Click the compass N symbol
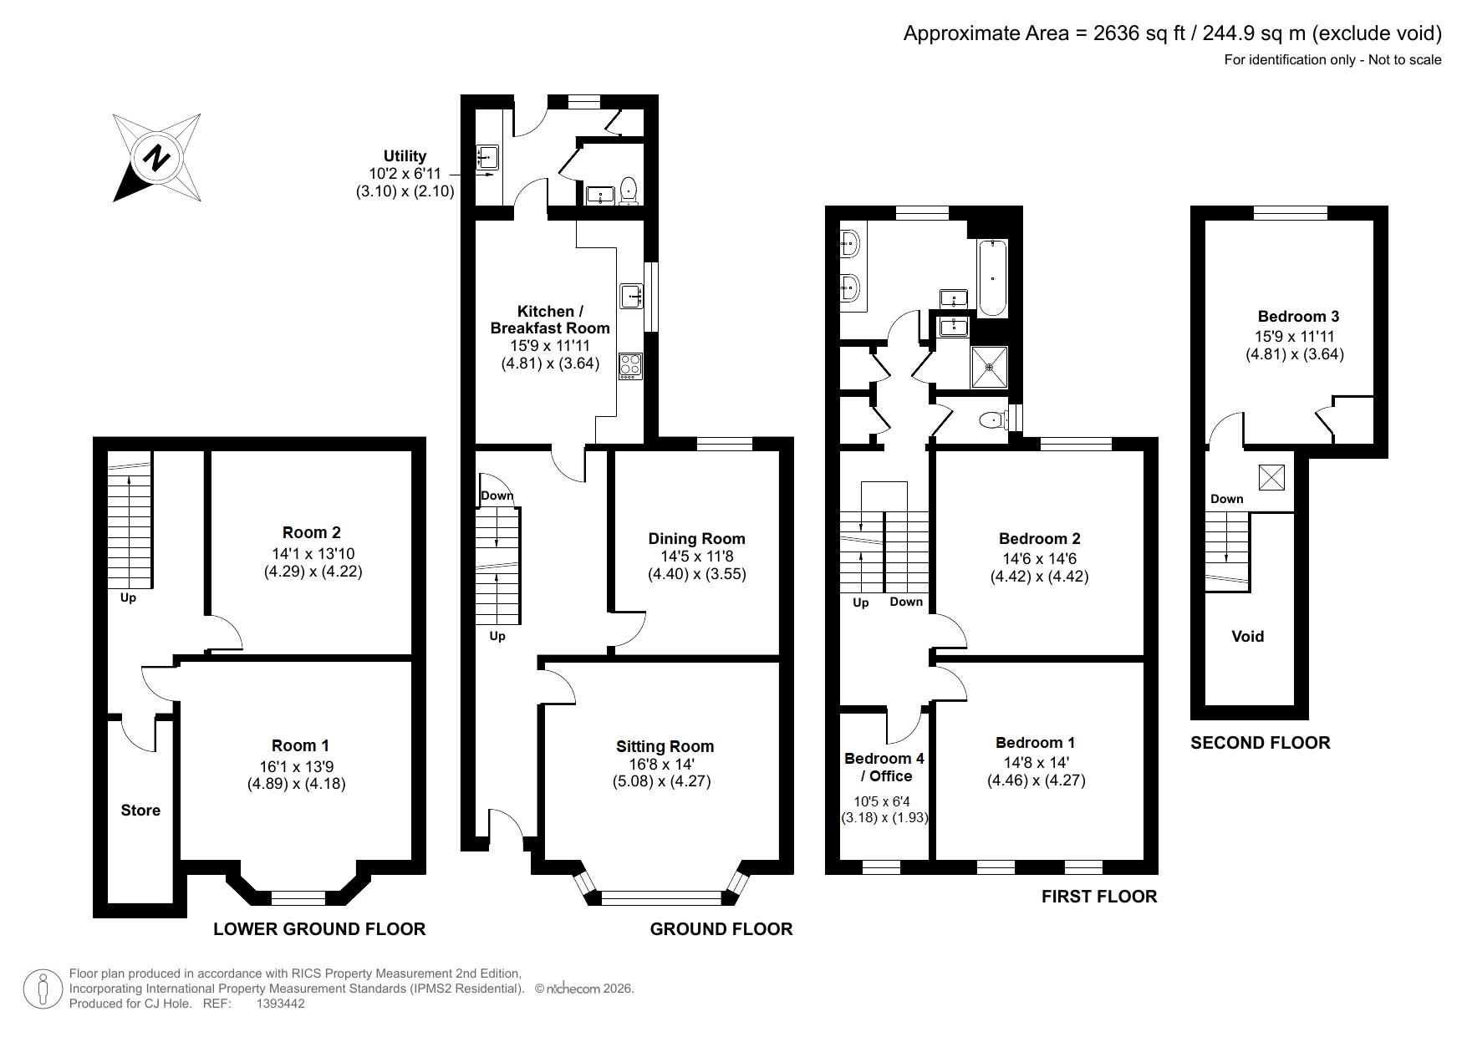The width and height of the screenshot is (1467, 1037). click(x=156, y=157)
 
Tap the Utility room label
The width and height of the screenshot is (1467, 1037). click(x=405, y=156)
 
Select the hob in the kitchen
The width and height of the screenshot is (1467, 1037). click(x=629, y=366)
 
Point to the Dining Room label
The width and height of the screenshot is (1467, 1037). click(x=696, y=539)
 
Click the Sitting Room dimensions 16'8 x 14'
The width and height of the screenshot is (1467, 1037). click(x=664, y=765)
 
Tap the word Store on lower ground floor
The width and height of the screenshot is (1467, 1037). click(x=140, y=810)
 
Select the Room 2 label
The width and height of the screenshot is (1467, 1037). click(x=311, y=532)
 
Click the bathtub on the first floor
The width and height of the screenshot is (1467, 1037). click(x=992, y=277)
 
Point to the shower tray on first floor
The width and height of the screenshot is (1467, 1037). click(x=989, y=367)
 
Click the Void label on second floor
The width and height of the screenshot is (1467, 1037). click(x=1247, y=637)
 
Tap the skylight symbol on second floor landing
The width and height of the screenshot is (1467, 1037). click(x=1271, y=477)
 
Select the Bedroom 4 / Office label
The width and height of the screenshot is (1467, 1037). click(x=884, y=767)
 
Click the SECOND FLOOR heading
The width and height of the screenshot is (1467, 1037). click(x=1260, y=743)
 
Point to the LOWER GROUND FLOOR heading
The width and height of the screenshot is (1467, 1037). click(x=319, y=929)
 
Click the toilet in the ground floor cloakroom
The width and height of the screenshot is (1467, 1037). click(x=629, y=191)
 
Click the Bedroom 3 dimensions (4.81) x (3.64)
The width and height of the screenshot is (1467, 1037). click(x=1294, y=353)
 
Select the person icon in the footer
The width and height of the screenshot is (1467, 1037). click(x=41, y=989)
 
